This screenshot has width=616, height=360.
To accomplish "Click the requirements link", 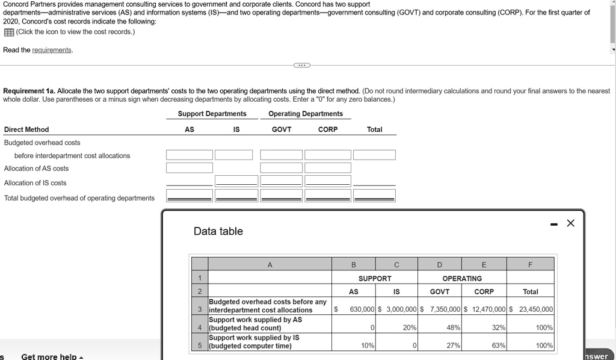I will [52, 50].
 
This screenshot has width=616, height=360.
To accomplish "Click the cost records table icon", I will [8, 32].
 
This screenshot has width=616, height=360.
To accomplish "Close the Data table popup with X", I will [570, 223].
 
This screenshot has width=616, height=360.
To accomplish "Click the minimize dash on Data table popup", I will [553, 224].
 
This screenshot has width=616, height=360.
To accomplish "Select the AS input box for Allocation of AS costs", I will [189, 168].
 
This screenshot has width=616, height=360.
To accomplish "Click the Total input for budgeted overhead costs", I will [374, 155].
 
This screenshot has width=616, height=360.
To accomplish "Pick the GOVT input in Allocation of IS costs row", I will [282, 181].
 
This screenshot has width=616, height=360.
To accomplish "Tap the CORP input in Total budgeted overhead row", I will [328, 195].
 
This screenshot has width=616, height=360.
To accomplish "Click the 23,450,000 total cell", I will [531, 309].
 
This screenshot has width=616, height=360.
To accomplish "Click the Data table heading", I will [218, 231].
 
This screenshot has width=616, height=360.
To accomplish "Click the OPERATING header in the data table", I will [462, 279].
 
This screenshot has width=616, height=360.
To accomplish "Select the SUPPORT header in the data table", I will [375, 279].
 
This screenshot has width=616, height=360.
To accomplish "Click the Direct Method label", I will [26, 129].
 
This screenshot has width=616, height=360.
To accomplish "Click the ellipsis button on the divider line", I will [302, 64].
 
